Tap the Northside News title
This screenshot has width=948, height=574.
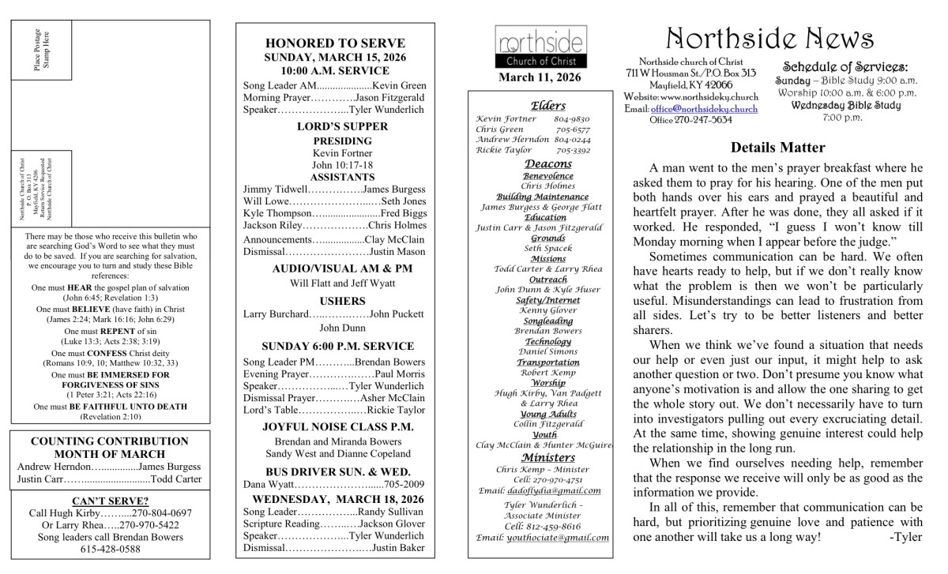[x=769, y=39]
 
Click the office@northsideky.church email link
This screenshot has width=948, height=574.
[x=703, y=108]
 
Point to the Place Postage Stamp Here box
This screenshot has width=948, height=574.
[x=42, y=51]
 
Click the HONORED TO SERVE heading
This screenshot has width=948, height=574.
[x=335, y=43]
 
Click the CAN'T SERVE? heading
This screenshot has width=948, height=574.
[x=110, y=501]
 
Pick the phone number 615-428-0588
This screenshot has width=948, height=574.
[x=110, y=550]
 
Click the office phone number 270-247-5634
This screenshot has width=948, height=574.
[x=705, y=120]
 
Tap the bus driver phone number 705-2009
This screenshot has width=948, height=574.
[x=404, y=484]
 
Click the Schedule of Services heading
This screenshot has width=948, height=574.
[x=845, y=68]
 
